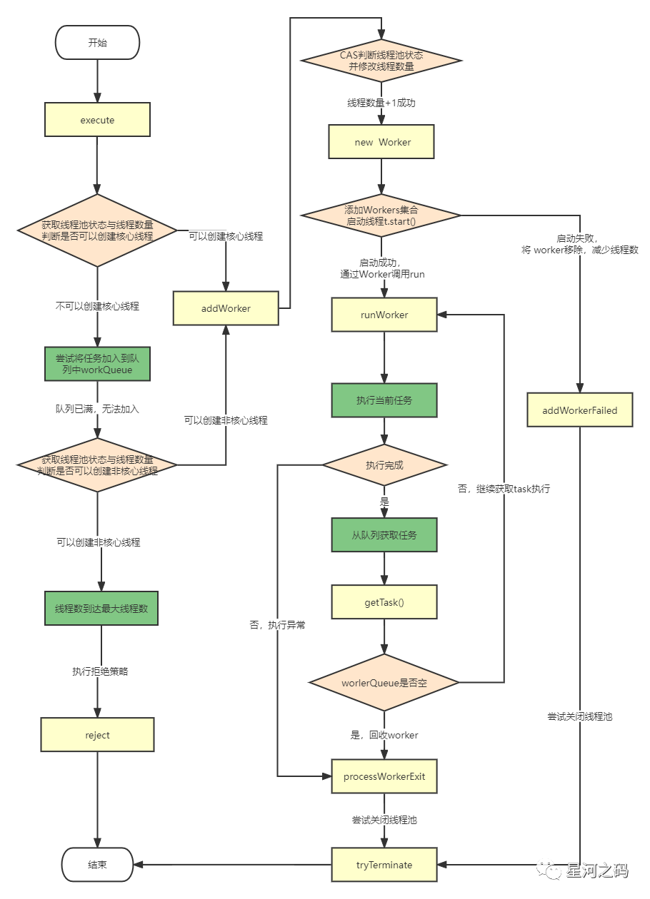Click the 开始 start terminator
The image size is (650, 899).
tap(97, 43)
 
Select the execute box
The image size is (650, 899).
tap(97, 120)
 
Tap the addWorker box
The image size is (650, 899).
tap(226, 308)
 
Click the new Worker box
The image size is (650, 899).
tap(381, 142)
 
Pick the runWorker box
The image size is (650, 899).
tap(384, 315)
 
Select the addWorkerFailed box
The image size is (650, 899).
tap(580, 410)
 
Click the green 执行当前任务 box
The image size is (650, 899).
tap(384, 400)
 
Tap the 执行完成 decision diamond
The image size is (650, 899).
tap(384, 465)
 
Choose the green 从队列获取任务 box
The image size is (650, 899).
tap(384, 534)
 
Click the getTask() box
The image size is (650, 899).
tap(384, 602)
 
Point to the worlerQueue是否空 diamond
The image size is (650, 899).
tap(384, 682)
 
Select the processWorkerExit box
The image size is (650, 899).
tap(384, 776)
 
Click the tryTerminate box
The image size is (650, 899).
tap(384, 865)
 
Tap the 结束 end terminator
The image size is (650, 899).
tap(97, 865)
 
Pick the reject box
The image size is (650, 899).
tap(97, 735)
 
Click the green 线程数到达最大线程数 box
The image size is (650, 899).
tap(101, 609)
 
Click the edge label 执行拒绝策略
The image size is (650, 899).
tap(100, 671)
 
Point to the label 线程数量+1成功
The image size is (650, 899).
tap(381, 103)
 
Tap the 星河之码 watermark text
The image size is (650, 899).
tap(597, 870)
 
